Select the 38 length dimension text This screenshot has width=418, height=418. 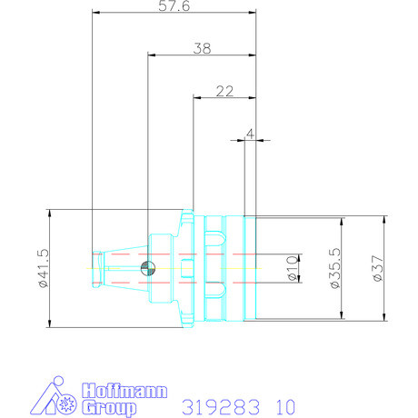pyautogui.click(x=202, y=49)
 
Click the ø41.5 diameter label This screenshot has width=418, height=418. pyautogui.click(x=42, y=269)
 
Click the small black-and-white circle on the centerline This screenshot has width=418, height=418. pyautogui.click(x=148, y=267)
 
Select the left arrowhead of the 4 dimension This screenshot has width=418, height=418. pyautogui.click(x=247, y=141)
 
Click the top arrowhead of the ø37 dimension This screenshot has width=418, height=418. pyautogui.click(x=384, y=219)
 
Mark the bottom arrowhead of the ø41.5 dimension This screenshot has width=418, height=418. pyautogui.click(x=51, y=324)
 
